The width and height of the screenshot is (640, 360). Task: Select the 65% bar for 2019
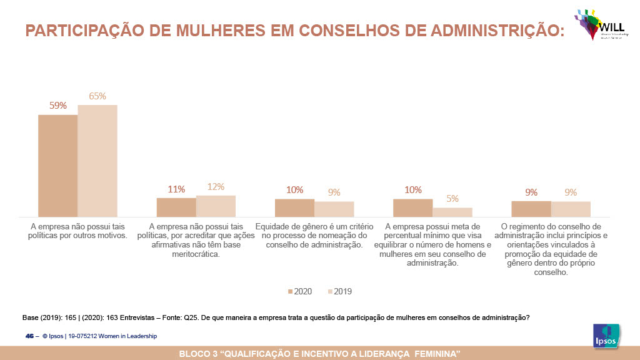[97, 161]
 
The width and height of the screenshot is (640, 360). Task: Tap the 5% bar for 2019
[452, 212]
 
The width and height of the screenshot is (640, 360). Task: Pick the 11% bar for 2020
[176, 207]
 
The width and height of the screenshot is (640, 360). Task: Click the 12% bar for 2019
[216, 206]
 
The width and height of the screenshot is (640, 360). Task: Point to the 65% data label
[97, 96]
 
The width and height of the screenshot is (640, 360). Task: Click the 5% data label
[452, 199]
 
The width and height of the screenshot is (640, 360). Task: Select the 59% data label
[58, 106]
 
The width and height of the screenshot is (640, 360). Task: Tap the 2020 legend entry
[299, 291]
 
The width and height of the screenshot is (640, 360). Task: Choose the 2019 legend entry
[339, 291]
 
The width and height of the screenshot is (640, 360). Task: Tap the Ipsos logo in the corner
[606, 335]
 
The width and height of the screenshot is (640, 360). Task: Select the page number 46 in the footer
[29, 336]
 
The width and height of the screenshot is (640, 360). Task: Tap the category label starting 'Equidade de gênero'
[314, 236]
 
